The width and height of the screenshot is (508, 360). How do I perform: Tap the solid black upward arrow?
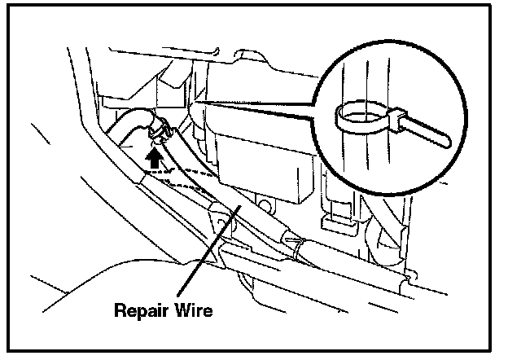click(151, 156)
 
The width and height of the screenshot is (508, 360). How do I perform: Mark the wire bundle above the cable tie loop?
click(358, 81)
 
